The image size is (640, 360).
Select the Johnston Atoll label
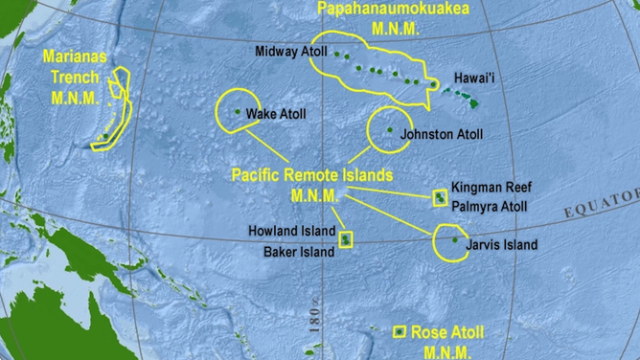coord(442,135)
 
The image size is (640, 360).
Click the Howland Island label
coord(292,232)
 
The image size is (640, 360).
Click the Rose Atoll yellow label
coord(446,332)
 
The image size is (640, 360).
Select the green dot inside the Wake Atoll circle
coord(238,113)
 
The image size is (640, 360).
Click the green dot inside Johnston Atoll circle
coord(390,131)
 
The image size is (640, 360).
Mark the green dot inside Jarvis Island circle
coord(454,239)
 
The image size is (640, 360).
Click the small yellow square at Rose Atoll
coord(400,331)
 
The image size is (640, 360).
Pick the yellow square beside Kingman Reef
coord(441,197)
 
